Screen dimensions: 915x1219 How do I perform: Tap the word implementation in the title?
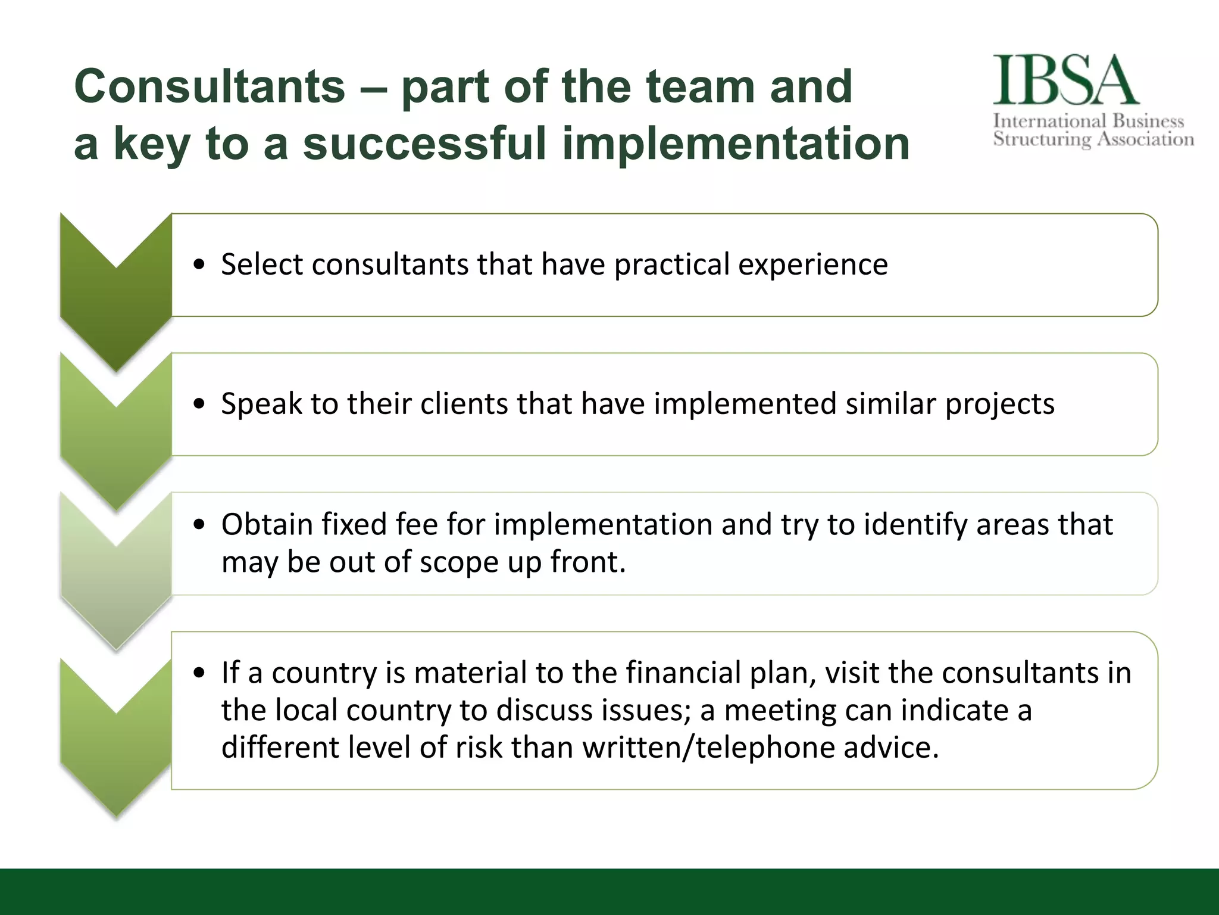pos(736,144)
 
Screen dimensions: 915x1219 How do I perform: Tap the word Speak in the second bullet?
pos(261,404)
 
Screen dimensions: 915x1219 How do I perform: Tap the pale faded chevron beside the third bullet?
pos(116,572)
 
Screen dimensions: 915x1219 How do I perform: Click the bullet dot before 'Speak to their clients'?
pos(199,404)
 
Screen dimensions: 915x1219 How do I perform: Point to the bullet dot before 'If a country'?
pos(199,673)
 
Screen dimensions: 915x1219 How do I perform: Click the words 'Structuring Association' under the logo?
pos(1093,139)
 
